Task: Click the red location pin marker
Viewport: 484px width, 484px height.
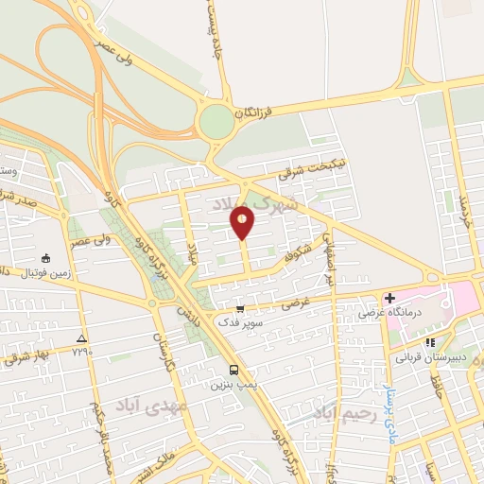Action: [243, 221]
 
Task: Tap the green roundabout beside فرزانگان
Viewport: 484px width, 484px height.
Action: [216, 120]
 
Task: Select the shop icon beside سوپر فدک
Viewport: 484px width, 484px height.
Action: [240, 308]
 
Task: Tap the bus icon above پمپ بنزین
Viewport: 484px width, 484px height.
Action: [233, 370]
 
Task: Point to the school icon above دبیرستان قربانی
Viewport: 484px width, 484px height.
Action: [430, 342]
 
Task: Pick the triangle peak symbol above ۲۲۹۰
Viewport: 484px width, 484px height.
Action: [82, 337]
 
